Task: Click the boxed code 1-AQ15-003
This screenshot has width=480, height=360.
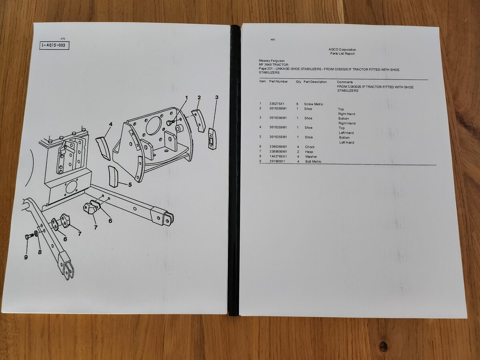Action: pos(54,46)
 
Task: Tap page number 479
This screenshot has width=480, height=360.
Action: pos(63,39)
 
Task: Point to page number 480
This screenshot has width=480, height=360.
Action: pos(273,40)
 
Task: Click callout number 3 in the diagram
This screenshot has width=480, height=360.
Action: pos(217,97)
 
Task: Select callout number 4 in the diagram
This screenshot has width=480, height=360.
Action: pos(111,124)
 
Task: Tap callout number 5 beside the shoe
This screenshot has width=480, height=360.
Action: pos(130,185)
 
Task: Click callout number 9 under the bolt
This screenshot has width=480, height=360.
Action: pos(26,257)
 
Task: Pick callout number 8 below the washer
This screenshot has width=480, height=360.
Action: pos(40,252)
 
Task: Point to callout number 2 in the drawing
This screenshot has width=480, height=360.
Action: pos(199,98)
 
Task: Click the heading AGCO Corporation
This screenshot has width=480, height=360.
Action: pos(342,50)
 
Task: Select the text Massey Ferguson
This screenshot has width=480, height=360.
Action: pos(272,60)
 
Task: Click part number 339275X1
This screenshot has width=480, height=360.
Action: pos(277,104)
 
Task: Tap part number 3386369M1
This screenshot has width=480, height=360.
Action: pos(278,147)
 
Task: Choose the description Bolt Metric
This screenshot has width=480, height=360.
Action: pos(313,162)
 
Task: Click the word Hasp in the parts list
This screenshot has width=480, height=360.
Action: pos(309,152)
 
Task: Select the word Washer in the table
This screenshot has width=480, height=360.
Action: pos(311,156)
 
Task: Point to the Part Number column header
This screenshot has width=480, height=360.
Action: pos(278,82)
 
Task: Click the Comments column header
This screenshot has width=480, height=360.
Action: pos(345,82)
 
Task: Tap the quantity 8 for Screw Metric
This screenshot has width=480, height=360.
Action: pos(297,104)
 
